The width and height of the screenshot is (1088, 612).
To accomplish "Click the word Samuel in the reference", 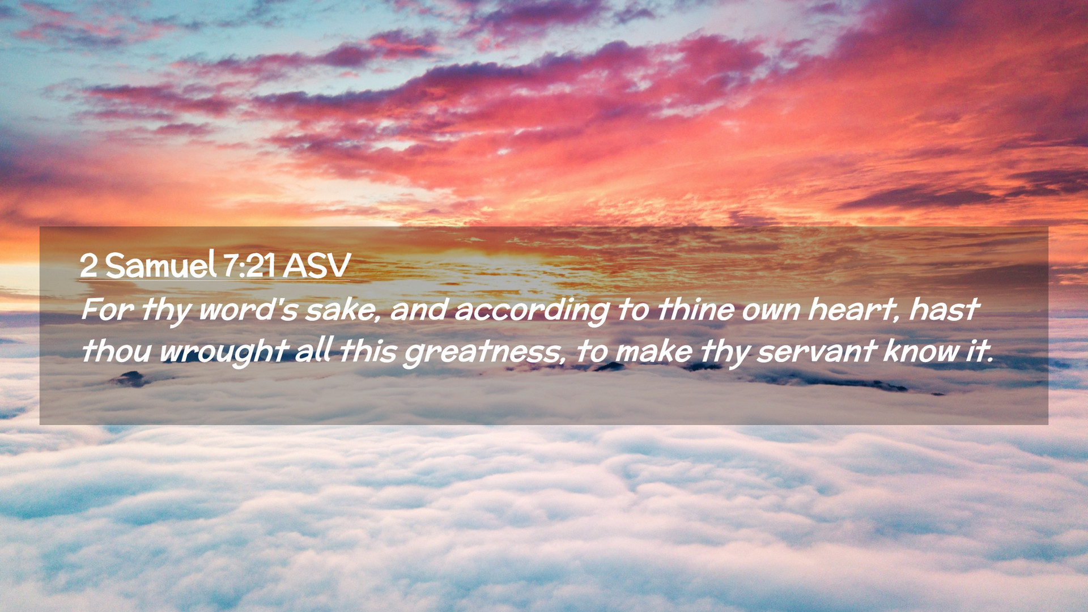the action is coord(160,265).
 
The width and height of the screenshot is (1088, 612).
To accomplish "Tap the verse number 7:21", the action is coord(249,265).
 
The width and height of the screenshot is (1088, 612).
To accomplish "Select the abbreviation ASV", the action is coord(317,265).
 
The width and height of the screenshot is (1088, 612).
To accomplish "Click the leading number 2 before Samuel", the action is coord(88,265).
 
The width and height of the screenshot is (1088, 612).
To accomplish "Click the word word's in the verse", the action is coord(248,309).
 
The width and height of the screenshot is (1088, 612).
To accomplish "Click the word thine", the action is coord(695,309).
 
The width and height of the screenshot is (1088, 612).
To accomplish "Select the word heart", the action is coord(854,310).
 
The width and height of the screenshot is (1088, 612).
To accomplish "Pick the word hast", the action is coord(943,309).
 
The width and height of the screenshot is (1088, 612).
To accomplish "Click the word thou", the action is coord(116,351).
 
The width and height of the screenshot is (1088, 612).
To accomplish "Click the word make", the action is coord(653,351).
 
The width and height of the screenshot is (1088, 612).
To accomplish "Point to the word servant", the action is coord(817,351).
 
